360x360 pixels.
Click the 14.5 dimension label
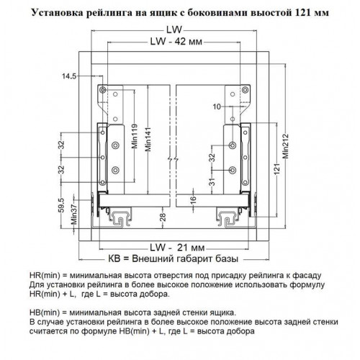pos(69,76)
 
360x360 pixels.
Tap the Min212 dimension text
pos(285,146)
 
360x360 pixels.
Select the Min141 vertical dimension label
pos(148,140)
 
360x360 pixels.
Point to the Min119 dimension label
pos(135,136)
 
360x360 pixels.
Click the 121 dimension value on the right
pos(276,169)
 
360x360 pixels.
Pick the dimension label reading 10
pos(217,107)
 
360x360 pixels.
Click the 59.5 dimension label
pos(62,205)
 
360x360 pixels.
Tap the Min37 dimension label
pos(74,215)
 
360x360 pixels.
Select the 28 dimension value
pos(163,217)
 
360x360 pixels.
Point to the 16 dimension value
pos(194,199)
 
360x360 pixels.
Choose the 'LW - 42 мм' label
pos(176,42)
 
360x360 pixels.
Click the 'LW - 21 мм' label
pos(177,248)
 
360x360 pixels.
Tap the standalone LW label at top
pos(174,30)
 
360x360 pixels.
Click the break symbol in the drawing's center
pos(173,159)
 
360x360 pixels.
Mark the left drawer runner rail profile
pos(120,218)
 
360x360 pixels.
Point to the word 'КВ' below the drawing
pos(114,259)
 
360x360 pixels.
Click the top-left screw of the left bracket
pos(103,90)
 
